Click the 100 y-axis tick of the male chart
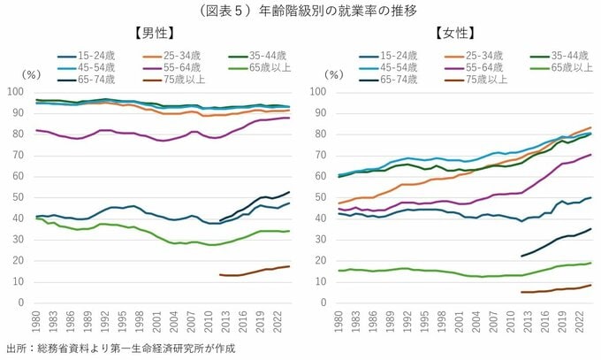pyautogui.click(x=15, y=91)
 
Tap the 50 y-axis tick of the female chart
pyautogui.click(x=319, y=196)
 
